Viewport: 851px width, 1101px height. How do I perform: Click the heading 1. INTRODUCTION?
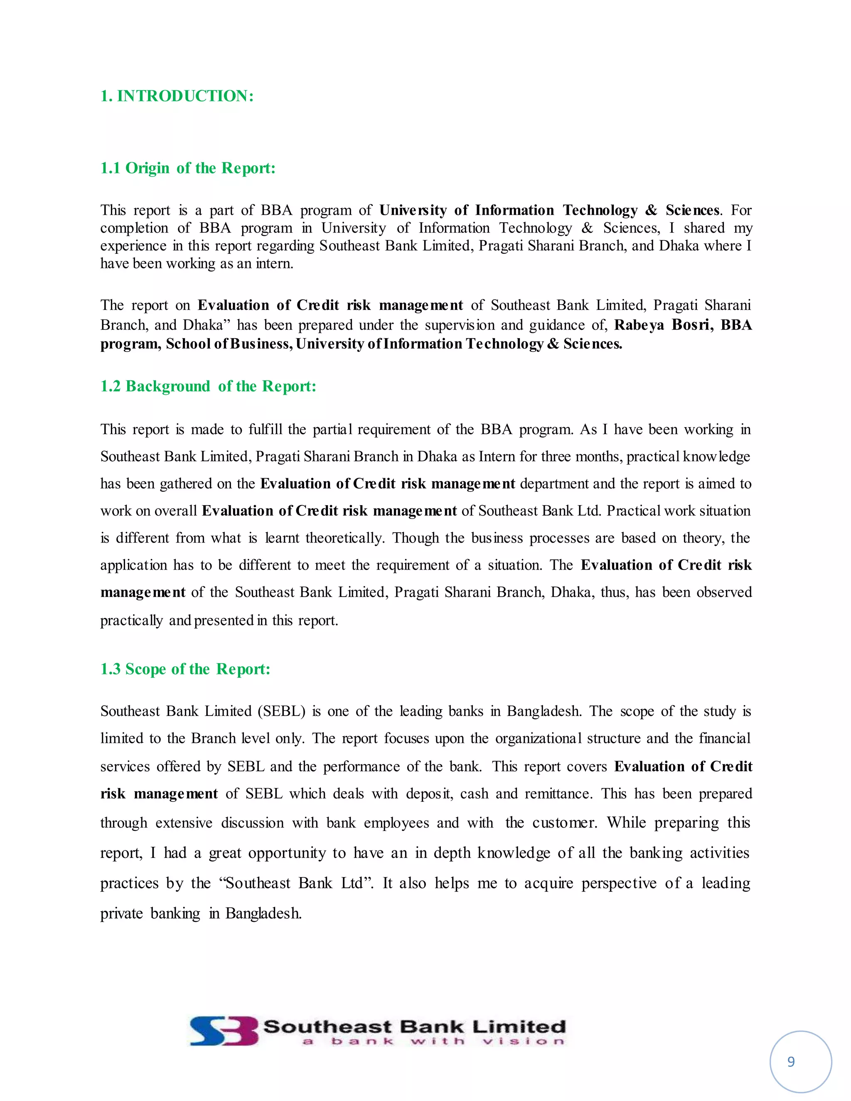(x=177, y=96)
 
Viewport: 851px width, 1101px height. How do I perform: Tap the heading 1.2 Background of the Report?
(x=208, y=386)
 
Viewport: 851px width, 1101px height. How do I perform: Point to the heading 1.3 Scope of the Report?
(x=185, y=669)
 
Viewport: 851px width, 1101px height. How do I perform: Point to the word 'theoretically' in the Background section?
(x=345, y=538)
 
